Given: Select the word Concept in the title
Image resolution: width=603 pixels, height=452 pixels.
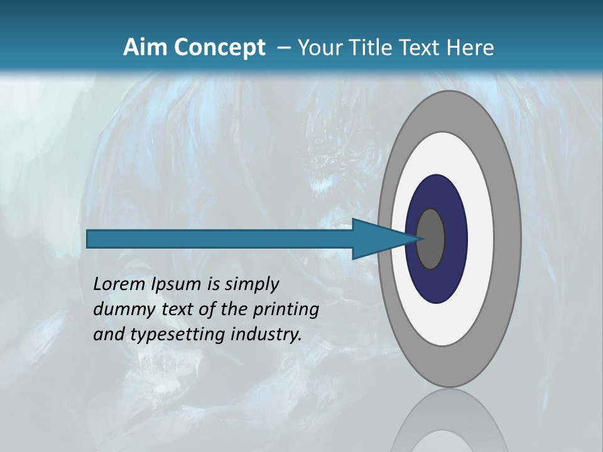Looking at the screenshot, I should (x=220, y=47).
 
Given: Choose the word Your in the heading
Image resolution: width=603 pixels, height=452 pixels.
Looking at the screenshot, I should (x=318, y=47).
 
